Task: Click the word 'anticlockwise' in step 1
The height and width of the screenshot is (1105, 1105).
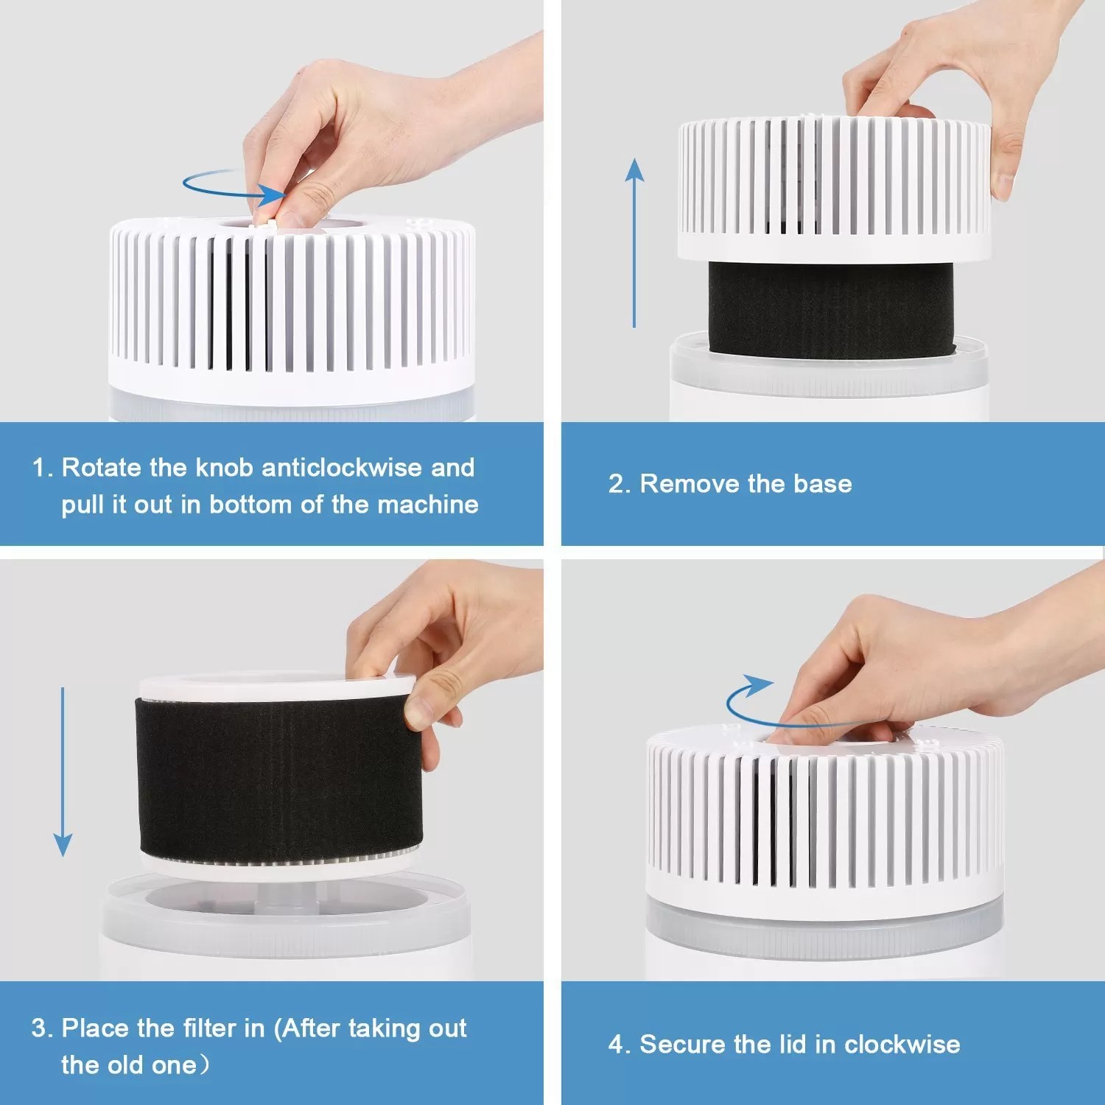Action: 342,468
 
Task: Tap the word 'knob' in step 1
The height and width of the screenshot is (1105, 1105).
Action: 224,468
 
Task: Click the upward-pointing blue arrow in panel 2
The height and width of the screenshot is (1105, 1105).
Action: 634,243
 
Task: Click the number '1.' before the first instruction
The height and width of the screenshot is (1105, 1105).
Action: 42,468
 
